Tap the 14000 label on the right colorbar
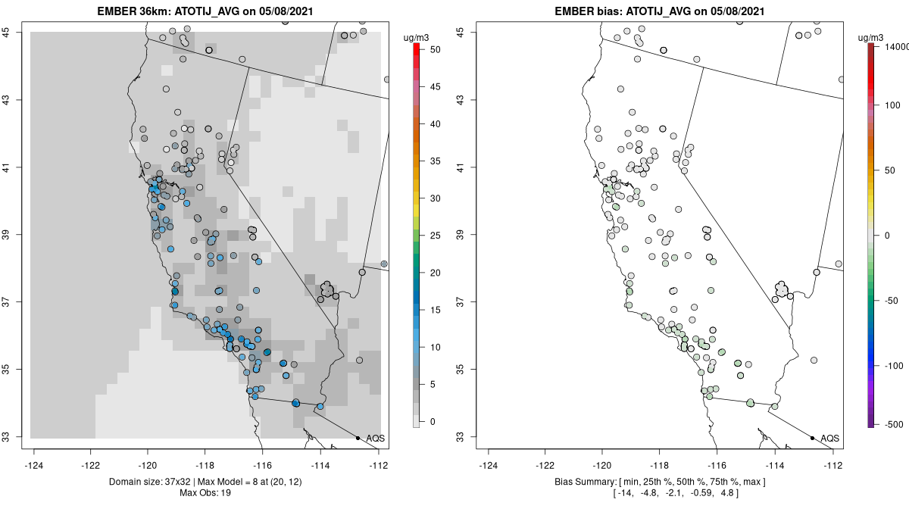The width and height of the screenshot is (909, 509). [x=890, y=47]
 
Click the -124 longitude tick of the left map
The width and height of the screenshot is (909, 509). [x=34, y=466]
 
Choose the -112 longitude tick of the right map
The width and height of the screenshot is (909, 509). [x=833, y=466]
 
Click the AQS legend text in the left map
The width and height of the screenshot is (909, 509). [x=375, y=439]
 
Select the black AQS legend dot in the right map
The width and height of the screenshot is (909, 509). [x=812, y=438]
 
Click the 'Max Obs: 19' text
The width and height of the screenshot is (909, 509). [x=205, y=493]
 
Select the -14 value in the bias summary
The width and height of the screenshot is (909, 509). [x=627, y=493]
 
